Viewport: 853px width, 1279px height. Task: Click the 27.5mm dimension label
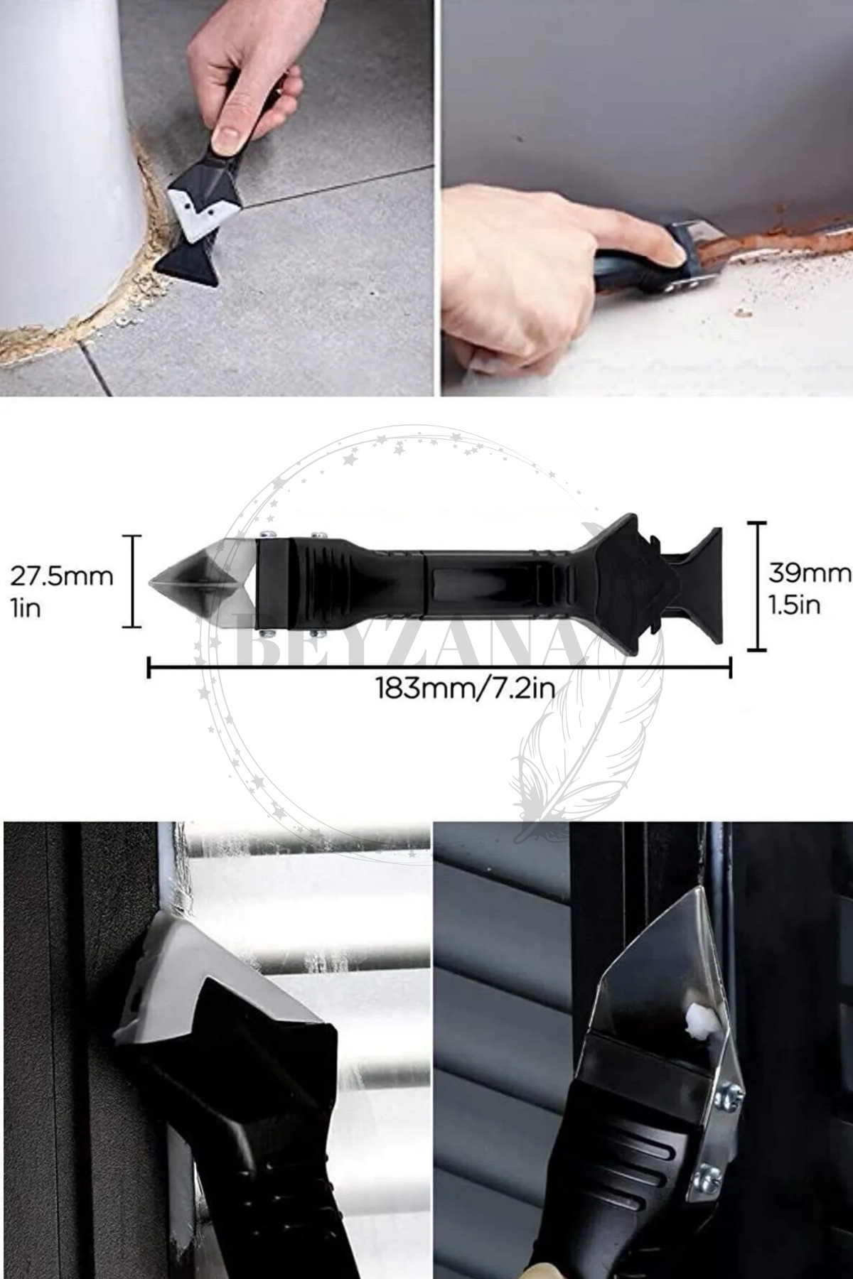click(x=62, y=576)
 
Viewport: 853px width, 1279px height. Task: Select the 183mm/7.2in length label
click(x=466, y=689)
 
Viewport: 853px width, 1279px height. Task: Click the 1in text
click(x=26, y=608)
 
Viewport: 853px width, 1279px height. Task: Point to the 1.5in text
click(x=795, y=604)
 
